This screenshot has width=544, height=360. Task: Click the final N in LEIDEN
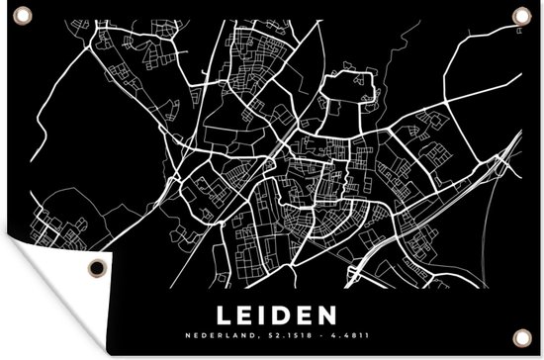click(x=331, y=288)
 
